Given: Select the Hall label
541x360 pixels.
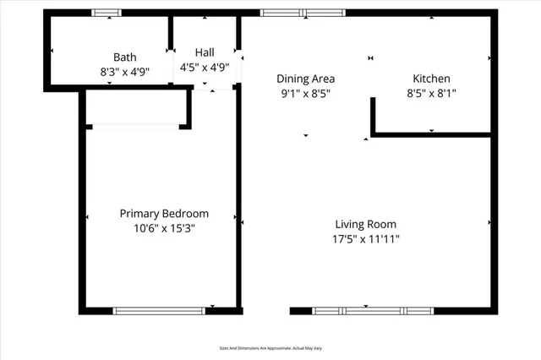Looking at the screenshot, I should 205,52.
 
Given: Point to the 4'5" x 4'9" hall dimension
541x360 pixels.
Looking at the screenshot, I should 205,68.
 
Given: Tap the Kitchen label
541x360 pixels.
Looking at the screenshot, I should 431,79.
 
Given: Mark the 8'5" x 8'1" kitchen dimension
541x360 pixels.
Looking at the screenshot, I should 431,94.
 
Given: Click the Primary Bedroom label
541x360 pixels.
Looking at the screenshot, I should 163,214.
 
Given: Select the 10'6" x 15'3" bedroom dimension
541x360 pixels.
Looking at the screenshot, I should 163,229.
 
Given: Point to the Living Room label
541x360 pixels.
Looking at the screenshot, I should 365,224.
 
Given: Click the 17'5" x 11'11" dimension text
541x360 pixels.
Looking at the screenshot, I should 365,239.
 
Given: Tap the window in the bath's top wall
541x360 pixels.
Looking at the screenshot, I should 106,13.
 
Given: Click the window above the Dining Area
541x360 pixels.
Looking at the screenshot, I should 303,13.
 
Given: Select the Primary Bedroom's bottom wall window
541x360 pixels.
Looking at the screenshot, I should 159,311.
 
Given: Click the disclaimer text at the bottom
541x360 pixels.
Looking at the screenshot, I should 270,348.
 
